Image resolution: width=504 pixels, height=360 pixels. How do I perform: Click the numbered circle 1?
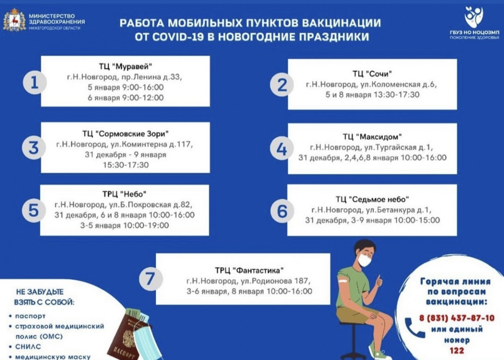(x=34, y=83)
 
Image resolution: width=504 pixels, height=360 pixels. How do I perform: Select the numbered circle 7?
(x=151, y=279)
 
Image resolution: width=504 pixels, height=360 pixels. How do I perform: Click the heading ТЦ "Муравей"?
(x=126, y=67)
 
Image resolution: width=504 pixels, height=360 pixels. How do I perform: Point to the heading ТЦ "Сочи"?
(x=372, y=74)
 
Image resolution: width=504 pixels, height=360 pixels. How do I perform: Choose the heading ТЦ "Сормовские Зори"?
(x=125, y=134)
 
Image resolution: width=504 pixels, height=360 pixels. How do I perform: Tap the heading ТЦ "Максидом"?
(x=372, y=137)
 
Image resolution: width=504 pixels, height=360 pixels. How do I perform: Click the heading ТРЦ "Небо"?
(x=124, y=194)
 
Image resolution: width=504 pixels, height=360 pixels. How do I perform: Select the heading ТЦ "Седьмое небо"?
(x=372, y=200)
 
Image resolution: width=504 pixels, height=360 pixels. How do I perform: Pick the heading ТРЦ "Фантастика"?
(x=249, y=270)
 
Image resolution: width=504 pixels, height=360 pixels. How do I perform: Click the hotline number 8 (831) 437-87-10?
(x=457, y=318)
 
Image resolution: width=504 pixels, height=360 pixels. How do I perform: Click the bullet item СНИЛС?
(x=28, y=347)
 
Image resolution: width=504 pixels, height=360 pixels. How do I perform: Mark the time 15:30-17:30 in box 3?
(x=126, y=165)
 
